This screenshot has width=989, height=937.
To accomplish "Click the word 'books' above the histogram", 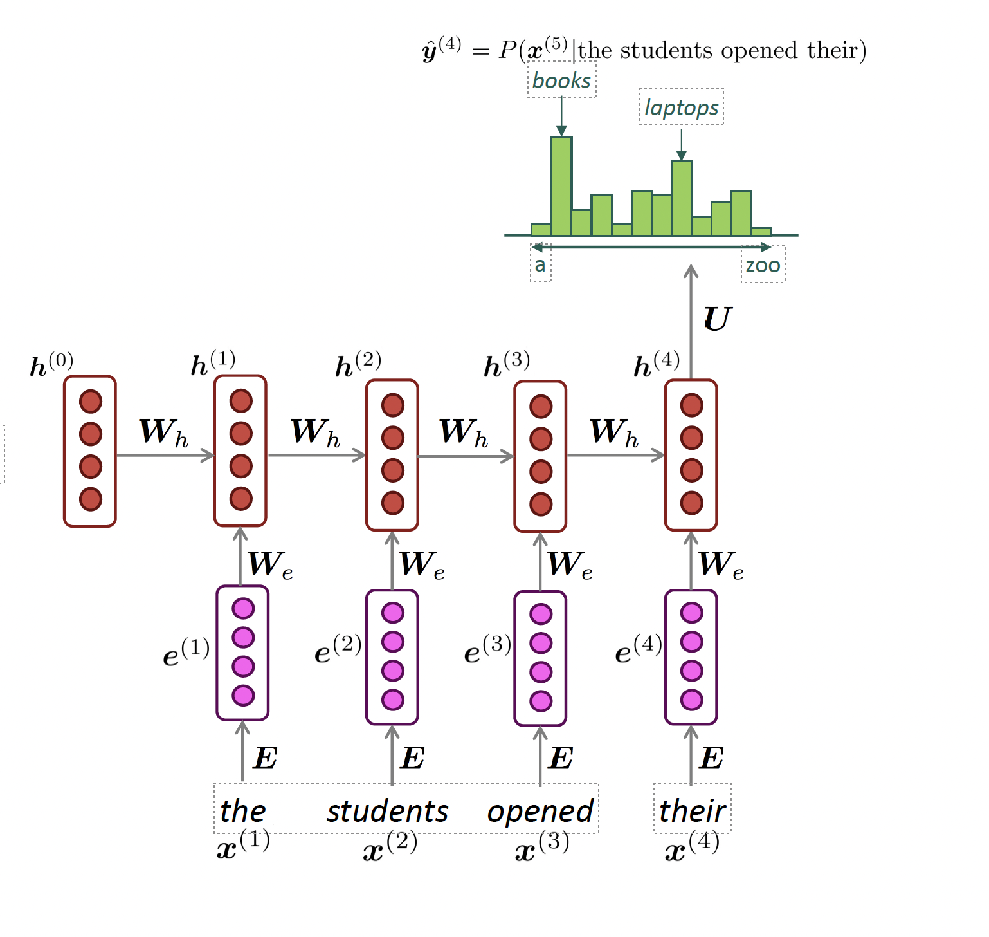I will (x=561, y=80).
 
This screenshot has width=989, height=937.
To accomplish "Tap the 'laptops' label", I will (x=681, y=107).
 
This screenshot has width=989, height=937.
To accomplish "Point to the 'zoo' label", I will (x=763, y=264).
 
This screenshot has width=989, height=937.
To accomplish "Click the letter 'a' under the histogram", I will (x=540, y=264).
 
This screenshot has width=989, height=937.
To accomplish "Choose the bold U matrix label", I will (x=718, y=319).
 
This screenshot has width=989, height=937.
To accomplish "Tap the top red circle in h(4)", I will (x=691, y=405).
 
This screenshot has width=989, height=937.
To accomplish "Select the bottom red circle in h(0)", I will (x=91, y=499).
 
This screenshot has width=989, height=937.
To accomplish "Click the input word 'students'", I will (x=387, y=811).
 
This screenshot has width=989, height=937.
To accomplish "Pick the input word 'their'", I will (x=692, y=811).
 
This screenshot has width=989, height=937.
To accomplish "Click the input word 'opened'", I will (x=540, y=811).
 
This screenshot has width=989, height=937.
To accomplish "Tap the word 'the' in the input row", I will (x=242, y=811).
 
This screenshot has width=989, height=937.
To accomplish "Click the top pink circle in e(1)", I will (x=243, y=608).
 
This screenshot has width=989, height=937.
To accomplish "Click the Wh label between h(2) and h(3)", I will (x=464, y=432).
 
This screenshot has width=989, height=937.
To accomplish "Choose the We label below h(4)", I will (x=721, y=564).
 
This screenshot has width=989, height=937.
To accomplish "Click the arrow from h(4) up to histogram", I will (x=691, y=322).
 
